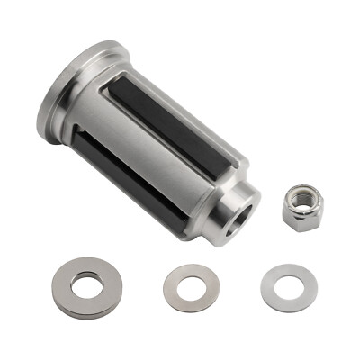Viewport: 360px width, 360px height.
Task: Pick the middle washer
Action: pos(191,288)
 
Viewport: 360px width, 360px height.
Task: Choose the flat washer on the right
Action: pos(289,288)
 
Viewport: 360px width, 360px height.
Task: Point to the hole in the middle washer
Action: pos(191,289)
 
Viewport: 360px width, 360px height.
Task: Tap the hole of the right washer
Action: pos(289,289)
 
